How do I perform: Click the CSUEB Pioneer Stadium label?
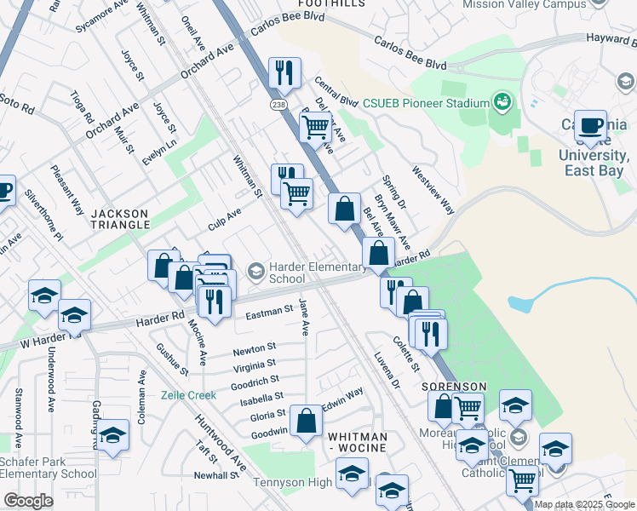point(427,103)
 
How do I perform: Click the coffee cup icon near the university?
point(590,126)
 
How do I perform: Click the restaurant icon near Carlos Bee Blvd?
point(284,73)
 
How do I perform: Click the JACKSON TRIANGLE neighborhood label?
point(119,214)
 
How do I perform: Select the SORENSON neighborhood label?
point(454,387)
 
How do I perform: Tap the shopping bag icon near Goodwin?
point(306,421)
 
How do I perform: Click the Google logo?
point(28,501)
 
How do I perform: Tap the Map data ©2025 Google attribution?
point(584,504)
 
